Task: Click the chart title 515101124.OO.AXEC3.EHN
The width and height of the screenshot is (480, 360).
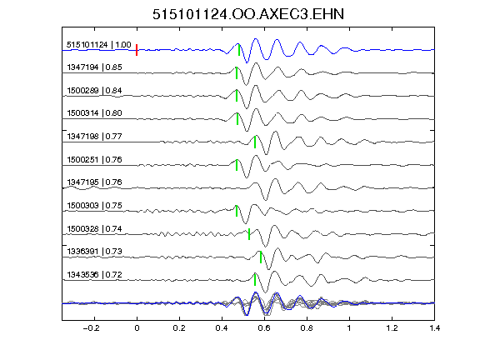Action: (x=248, y=14)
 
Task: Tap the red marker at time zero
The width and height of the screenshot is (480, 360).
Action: (x=137, y=50)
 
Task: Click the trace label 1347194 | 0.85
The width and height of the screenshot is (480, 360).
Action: (x=95, y=67)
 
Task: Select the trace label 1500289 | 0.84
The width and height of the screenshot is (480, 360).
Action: (x=95, y=91)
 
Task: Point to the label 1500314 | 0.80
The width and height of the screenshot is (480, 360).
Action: (x=95, y=113)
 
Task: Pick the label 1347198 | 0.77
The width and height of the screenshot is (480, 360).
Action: (x=95, y=136)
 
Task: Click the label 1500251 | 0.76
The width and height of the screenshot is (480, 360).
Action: (x=95, y=160)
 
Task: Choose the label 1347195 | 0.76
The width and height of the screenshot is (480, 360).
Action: (x=95, y=182)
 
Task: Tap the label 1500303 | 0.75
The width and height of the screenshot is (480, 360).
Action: (x=95, y=205)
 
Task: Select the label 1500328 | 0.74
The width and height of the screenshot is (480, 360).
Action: (x=95, y=229)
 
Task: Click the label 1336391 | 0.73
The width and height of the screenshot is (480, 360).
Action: (x=95, y=252)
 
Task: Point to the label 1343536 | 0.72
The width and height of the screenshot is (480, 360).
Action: (x=95, y=275)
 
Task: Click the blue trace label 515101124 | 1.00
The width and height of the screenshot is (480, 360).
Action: (x=99, y=45)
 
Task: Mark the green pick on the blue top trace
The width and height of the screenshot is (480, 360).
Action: (x=239, y=50)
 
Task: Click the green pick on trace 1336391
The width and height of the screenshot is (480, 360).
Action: (x=261, y=257)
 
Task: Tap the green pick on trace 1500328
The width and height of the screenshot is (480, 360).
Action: (x=249, y=234)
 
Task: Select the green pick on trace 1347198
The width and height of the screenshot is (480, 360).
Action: (x=255, y=142)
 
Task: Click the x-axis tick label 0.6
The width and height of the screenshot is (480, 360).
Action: (x=264, y=328)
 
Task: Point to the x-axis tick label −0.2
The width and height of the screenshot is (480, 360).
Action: (x=91, y=328)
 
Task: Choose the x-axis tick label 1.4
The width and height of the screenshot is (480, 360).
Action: (x=435, y=328)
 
